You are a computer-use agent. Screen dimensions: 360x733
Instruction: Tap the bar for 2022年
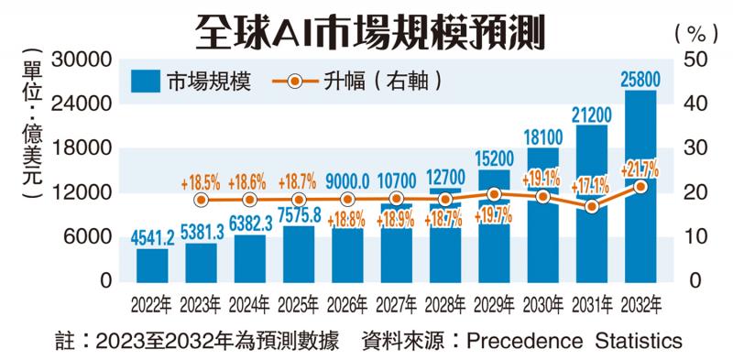point(152,264)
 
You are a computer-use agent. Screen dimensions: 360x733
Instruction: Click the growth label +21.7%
point(640,169)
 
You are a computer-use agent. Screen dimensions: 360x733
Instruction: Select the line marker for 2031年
point(591,207)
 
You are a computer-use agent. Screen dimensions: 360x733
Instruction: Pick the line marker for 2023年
point(201,200)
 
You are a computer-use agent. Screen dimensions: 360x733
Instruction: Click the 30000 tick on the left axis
point(86,60)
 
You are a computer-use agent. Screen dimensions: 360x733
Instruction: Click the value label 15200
point(493,158)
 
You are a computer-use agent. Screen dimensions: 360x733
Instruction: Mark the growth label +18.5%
point(202,181)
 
